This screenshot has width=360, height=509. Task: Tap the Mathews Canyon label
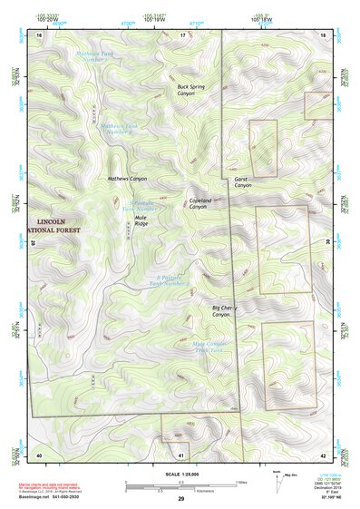[x=127, y=179]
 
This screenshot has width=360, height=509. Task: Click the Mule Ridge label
[x=141, y=220]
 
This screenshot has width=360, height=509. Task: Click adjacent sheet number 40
[x=39, y=454]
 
